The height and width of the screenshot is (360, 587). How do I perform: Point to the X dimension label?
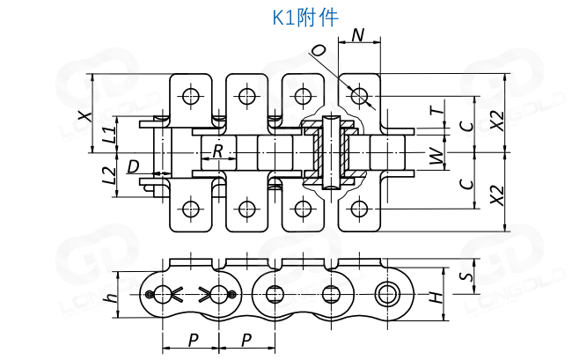click(x=84, y=114)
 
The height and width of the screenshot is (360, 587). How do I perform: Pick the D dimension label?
click(x=133, y=165)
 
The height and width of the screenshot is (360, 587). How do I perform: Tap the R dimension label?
click(x=217, y=151)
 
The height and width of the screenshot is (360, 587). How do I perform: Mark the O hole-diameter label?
click(x=319, y=51)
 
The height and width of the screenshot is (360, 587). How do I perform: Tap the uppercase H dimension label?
click(x=435, y=298)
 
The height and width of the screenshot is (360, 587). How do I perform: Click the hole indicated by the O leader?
click(x=358, y=93)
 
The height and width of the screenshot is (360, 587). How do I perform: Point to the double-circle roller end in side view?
click(x=385, y=293)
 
